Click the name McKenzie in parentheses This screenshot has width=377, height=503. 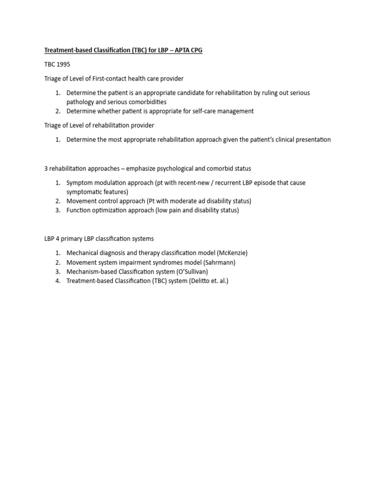click(233, 253)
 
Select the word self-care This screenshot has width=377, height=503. click(199, 112)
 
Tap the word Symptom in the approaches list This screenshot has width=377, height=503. click(79, 183)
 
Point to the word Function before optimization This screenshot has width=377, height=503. click(79, 210)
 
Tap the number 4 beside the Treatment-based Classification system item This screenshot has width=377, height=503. click(57, 281)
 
